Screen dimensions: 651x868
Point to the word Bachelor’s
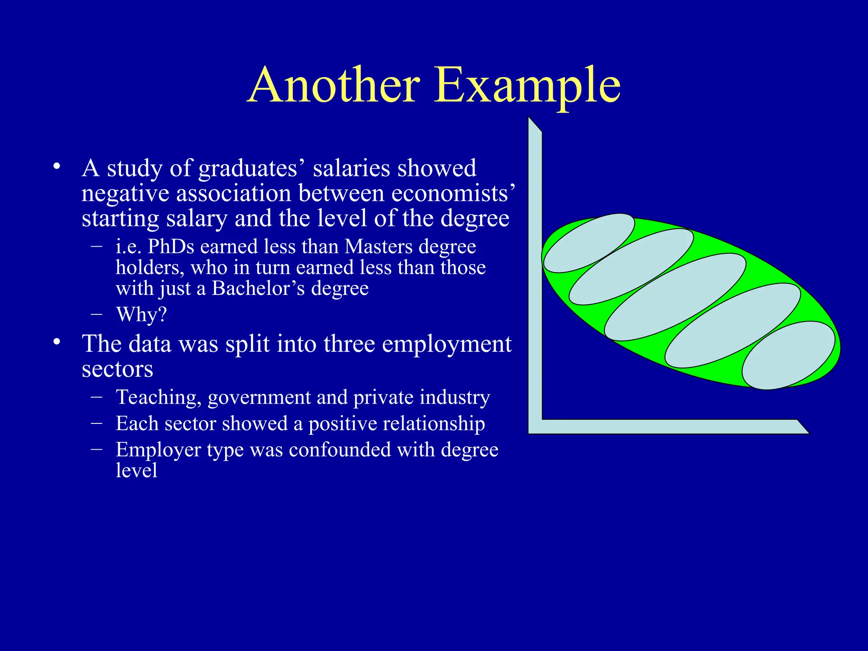258,289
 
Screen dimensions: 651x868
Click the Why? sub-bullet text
142,315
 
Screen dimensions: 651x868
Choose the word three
349,344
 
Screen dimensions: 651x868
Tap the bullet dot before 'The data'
57,342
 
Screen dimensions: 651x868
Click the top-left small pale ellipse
589,243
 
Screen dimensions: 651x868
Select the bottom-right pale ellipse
788,355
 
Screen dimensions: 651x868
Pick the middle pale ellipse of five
675,297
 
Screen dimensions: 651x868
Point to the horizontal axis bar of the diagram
670,426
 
